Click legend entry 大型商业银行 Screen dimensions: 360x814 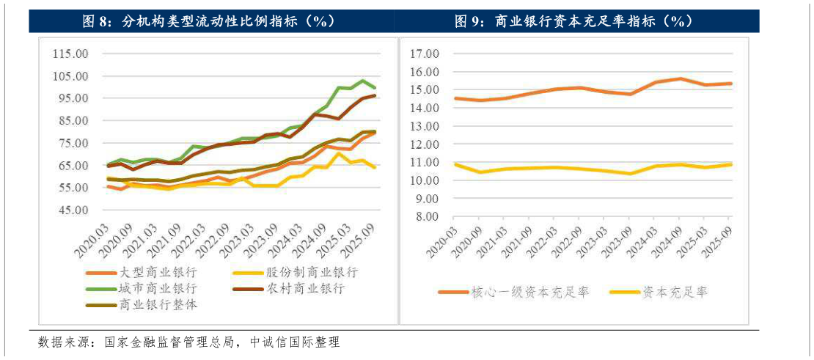tap(158, 272)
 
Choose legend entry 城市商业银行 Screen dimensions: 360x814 tap(158, 288)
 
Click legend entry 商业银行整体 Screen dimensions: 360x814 tap(158, 304)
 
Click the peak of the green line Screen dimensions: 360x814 tap(363, 81)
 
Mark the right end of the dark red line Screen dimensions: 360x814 tap(375, 95)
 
